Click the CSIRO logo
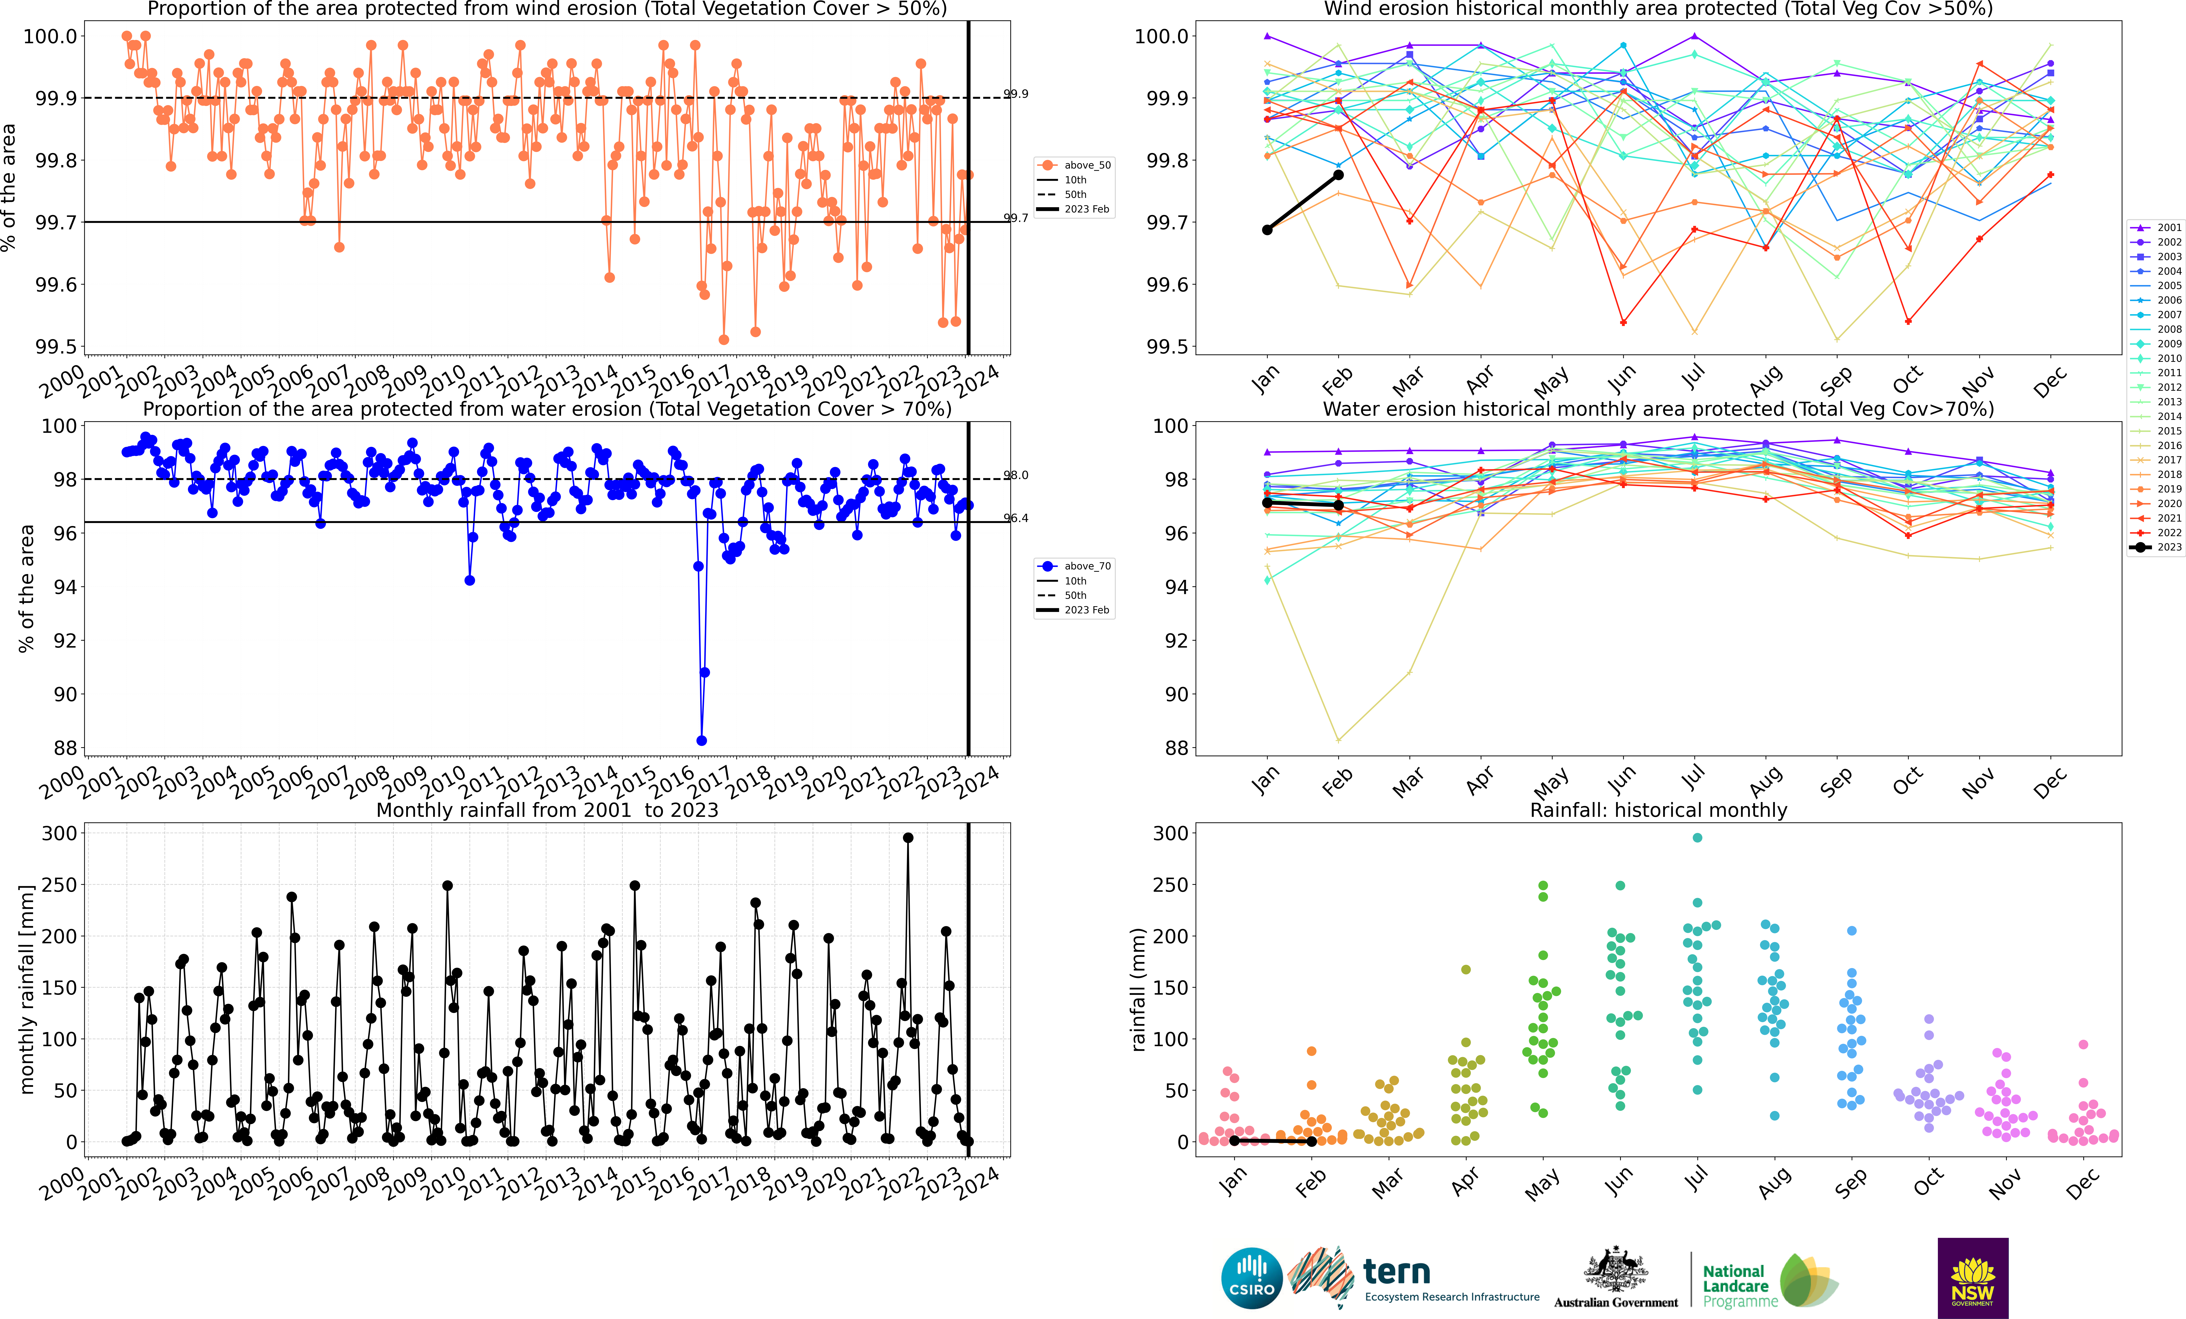coord(1252,1278)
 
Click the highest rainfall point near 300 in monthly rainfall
coord(908,837)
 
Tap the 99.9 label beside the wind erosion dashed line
coord(1016,94)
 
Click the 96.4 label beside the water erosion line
coord(1016,518)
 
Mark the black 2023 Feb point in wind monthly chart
coord(1339,175)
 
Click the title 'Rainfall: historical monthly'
coord(1658,810)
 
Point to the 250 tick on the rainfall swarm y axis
coord(1170,884)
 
